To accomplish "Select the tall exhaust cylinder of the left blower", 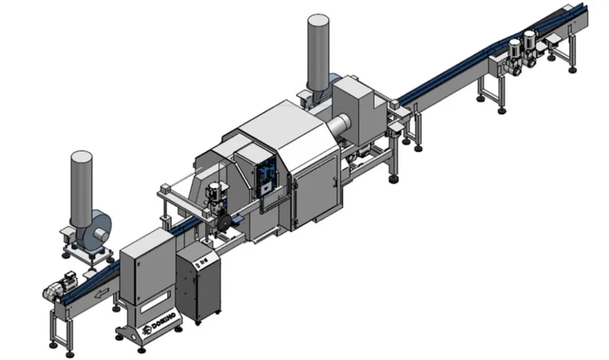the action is [x=81, y=188].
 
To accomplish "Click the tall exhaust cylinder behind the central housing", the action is [x=319, y=52].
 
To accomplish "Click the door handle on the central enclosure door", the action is [x=336, y=180].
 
